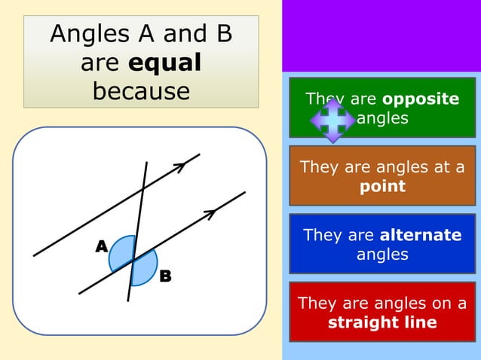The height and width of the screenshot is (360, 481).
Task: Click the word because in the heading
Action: [141, 90]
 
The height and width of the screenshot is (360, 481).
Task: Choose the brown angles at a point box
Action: [382, 176]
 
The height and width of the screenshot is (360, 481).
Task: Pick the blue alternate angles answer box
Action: [382, 244]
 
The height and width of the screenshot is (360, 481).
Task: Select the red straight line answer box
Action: [382, 313]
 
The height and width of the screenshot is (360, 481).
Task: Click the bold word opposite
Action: [421, 99]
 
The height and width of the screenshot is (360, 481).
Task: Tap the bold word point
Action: [382, 186]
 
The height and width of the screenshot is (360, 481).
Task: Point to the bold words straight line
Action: [382, 322]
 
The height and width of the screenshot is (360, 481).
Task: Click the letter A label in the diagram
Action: [101, 246]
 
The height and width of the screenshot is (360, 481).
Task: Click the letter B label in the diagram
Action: [165, 276]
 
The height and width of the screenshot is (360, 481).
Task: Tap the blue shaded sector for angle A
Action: [121, 255]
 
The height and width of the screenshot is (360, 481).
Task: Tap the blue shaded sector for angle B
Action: [144, 268]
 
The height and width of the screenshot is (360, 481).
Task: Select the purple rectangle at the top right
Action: [381, 35]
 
